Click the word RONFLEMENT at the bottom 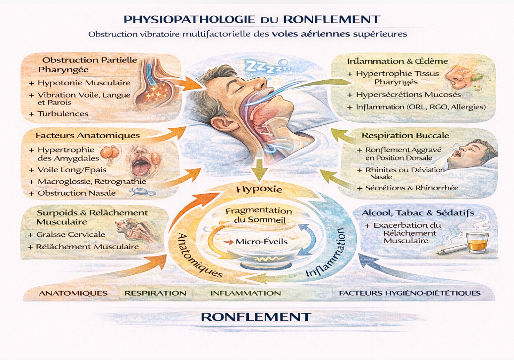[256, 317]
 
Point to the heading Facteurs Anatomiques [88, 135]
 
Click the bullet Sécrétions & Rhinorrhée [411, 188]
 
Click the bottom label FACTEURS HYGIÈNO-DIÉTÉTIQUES [409, 293]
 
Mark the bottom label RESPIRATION [155, 293]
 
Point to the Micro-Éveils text [257, 242]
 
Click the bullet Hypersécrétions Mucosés [408, 95]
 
